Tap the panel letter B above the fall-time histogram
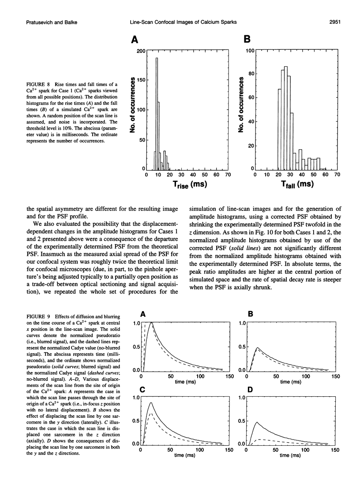(x=247, y=39)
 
